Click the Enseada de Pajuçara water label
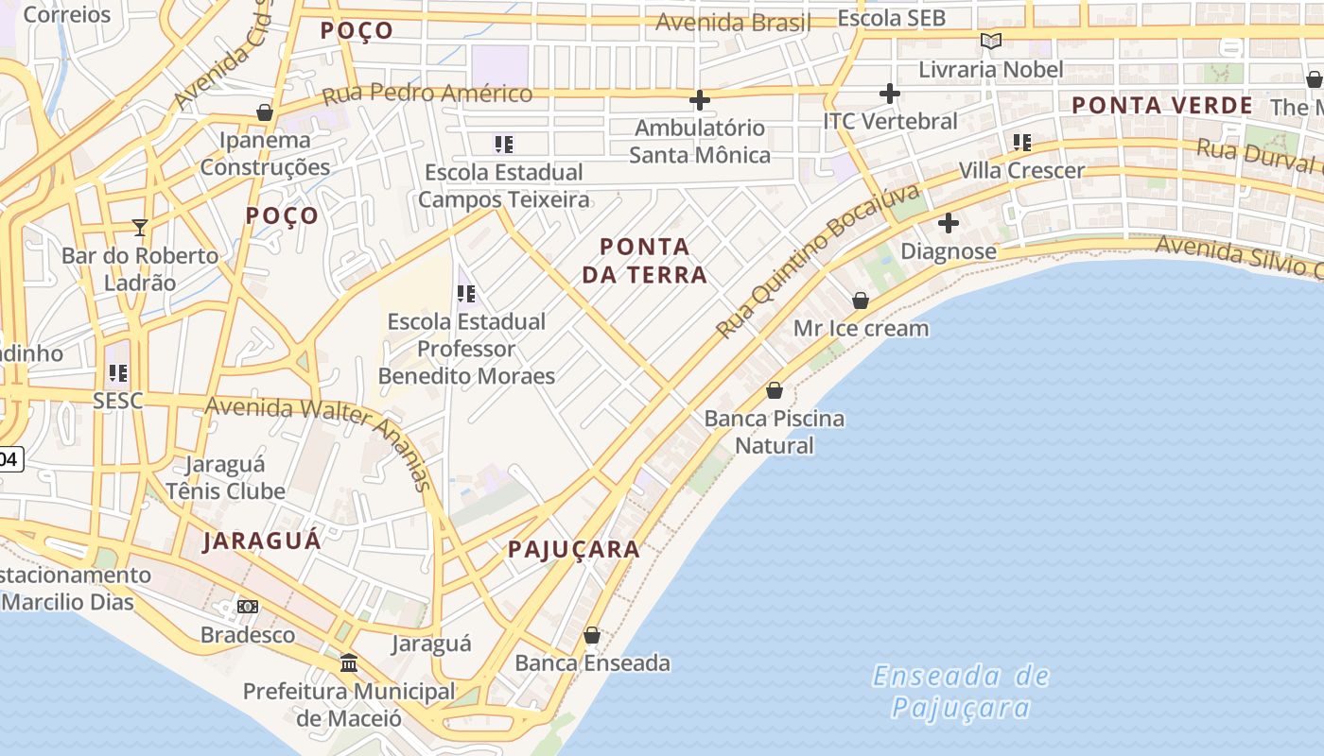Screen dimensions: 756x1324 click(961, 692)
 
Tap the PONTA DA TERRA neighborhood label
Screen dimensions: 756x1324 click(644, 261)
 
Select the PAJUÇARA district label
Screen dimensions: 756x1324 click(573, 549)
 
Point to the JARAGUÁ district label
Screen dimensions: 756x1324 click(262, 541)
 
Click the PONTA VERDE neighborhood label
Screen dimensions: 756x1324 click(1162, 105)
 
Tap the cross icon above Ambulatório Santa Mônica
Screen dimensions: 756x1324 click(700, 99)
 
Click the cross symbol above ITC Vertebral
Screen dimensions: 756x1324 click(889, 94)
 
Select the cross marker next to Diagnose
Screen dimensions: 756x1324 click(949, 223)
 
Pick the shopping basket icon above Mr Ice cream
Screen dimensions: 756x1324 click(861, 301)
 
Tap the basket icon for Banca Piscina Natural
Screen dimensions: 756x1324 click(775, 390)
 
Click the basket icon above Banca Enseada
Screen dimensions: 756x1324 click(592, 635)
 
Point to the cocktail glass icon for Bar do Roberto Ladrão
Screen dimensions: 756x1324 click(140, 227)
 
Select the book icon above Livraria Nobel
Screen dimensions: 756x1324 click(990, 41)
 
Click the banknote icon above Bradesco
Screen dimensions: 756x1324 click(248, 606)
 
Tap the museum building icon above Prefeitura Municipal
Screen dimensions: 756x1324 click(349, 662)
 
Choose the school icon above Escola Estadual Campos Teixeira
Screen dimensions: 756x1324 click(504, 145)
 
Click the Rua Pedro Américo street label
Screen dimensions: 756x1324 click(427, 94)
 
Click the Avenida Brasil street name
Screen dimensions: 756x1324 click(733, 23)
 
